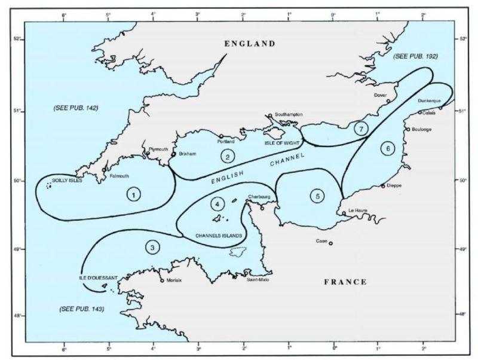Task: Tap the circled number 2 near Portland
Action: click(227, 157)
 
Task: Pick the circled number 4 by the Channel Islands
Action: click(217, 204)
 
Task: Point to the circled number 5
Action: click(318, 196)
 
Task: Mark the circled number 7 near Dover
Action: click(359, 128)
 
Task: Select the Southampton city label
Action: click(288, 114)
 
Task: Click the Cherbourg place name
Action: click(259, 196)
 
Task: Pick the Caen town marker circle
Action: click(330, 243)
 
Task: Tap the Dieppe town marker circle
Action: click(383, 186)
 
